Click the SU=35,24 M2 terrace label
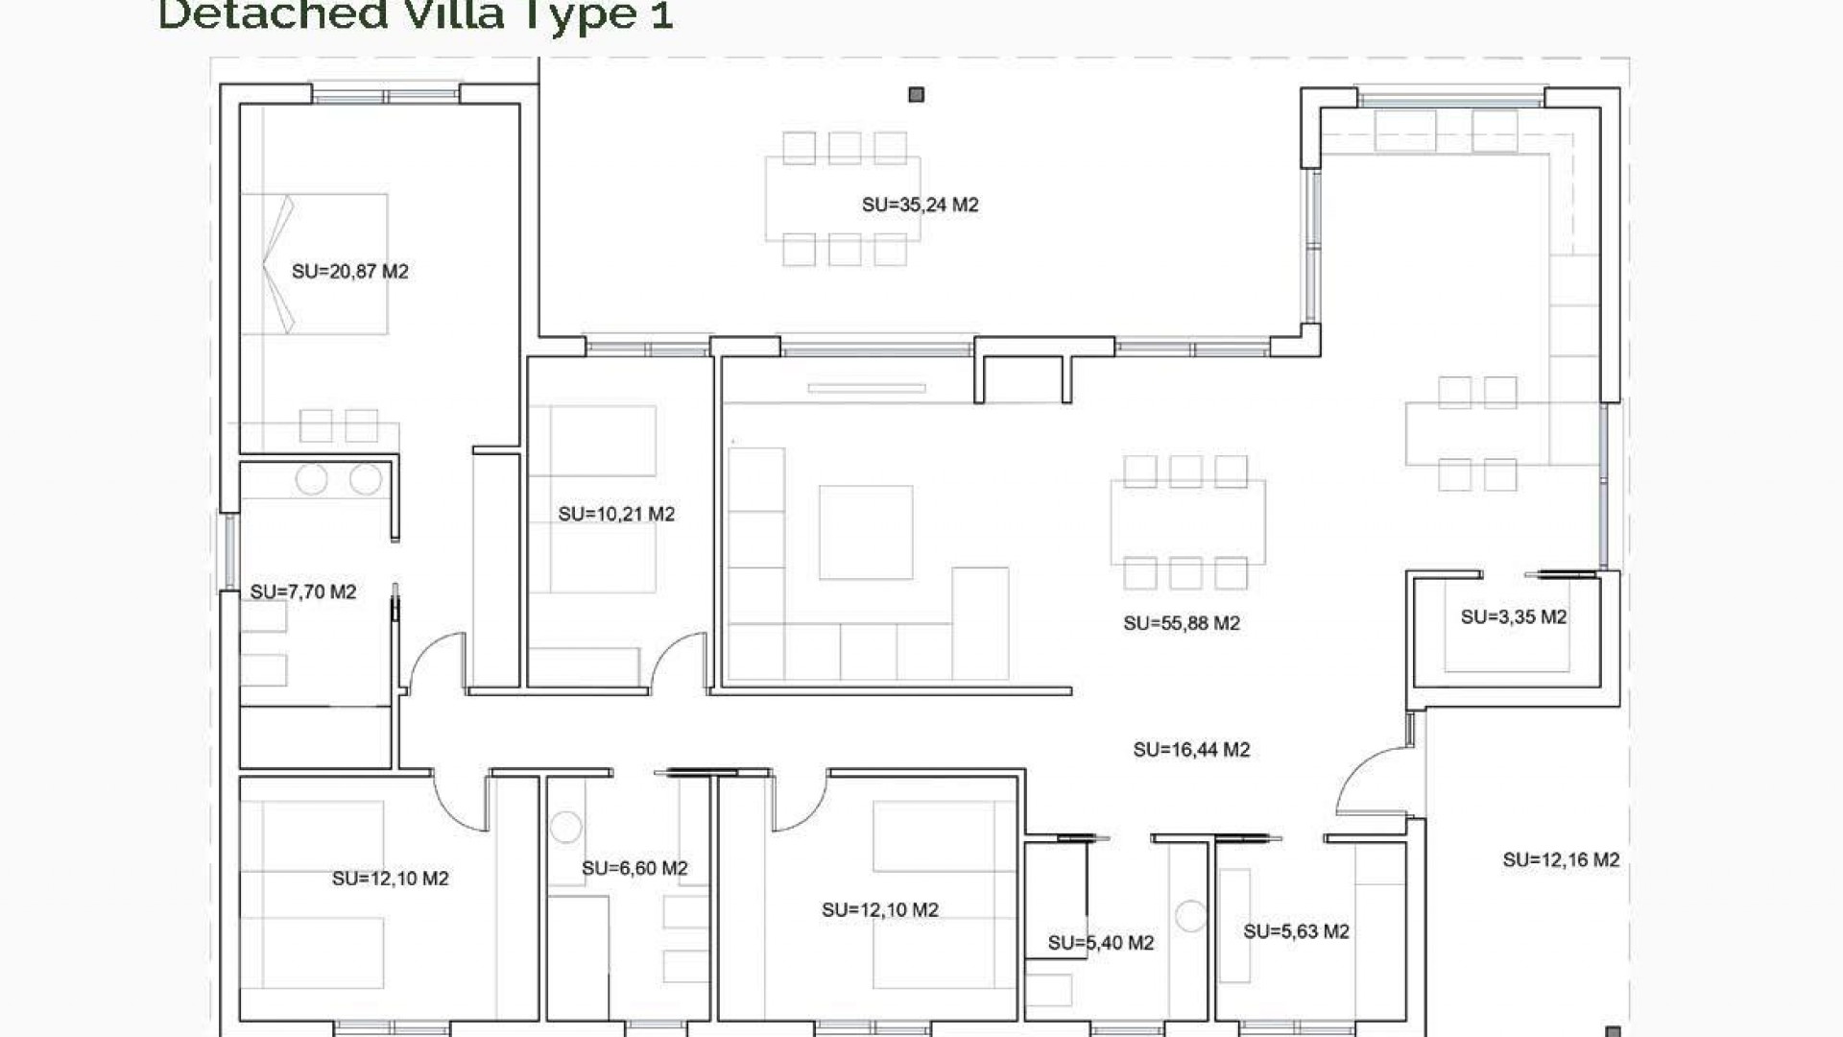point(920,205)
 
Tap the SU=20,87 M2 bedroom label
point(349,272)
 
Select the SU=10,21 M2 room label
point(616,515)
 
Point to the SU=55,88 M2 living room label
point(1182,623)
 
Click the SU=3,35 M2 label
point(1514,617)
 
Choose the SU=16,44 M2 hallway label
point(1191,750)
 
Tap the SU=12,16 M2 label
point(1561,860)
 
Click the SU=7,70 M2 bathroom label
point(303,592)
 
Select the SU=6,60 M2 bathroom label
point(634,869)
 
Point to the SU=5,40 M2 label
point(1100,943)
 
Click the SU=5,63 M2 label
point(1296,931)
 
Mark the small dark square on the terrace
point(916,94)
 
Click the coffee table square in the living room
point(865,532)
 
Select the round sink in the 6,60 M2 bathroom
point(565,827)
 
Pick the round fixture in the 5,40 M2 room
point(1190,916)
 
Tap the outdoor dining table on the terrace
point(842,199)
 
